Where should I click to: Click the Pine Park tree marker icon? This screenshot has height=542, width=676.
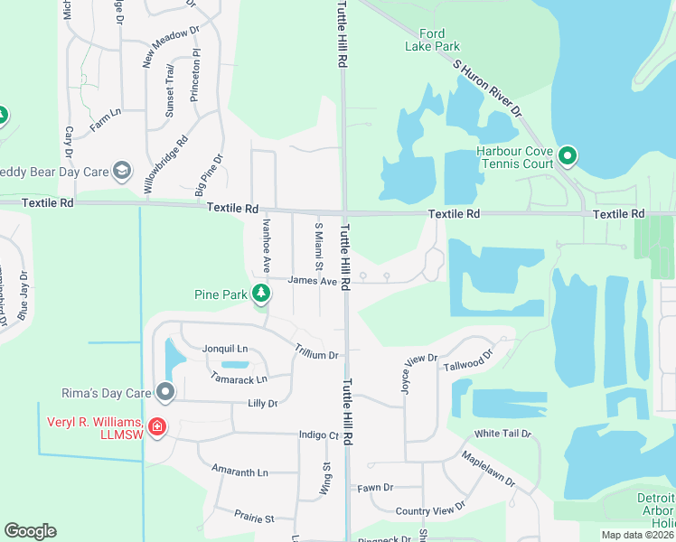click(261, 294)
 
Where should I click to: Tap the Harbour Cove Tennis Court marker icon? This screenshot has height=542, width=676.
click(568, 156)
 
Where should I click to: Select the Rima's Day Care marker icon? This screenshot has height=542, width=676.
click(164, 392)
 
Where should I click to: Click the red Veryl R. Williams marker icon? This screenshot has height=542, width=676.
click(156, 425)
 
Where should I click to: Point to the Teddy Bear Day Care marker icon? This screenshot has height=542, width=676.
click(123, 171)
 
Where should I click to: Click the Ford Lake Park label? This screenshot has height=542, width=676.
click(439, 40)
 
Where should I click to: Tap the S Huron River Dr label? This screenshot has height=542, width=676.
click(487, 84)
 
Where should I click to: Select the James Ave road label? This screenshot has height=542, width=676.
click(312, 281)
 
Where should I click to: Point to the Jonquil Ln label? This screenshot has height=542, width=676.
click(226, 349)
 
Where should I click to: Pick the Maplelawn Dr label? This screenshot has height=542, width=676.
click(490, 468)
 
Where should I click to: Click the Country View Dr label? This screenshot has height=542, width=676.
click(430, 510)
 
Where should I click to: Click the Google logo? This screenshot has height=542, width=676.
click(31, 531)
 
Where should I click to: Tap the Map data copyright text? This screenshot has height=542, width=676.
click(637, 535)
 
